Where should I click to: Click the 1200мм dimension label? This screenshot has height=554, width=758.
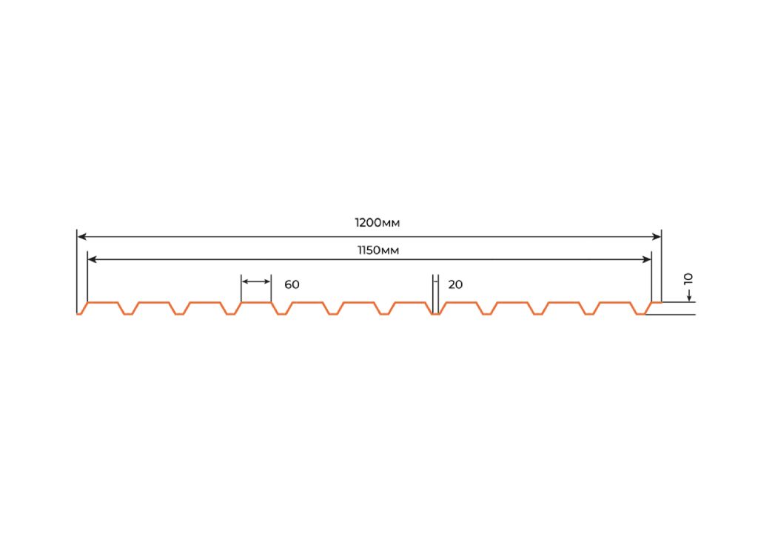377,223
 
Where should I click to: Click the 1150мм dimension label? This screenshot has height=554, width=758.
378,250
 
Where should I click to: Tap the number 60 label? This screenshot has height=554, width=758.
292,284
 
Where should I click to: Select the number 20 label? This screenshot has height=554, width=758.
455,284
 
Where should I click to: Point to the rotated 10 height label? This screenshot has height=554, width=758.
688,278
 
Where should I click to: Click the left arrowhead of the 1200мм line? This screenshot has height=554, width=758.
81,236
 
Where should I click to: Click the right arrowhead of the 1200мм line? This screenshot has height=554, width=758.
657,236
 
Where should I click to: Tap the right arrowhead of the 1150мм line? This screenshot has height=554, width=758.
646,260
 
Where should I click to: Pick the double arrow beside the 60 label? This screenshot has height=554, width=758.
256,281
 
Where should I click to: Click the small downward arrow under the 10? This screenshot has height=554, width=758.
689,294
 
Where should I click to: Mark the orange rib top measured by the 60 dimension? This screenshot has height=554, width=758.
256,303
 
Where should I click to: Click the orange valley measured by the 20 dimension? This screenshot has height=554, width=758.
436,314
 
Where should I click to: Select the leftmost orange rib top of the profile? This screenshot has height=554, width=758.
103,303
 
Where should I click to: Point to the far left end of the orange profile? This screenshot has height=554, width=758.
77,314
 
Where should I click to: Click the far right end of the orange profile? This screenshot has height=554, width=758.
661,303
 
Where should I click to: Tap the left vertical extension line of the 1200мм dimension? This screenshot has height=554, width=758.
77,271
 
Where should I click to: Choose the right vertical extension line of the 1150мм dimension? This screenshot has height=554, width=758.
651,277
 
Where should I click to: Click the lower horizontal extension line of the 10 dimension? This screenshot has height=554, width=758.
670,315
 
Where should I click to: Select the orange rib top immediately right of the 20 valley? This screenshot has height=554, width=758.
461,303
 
